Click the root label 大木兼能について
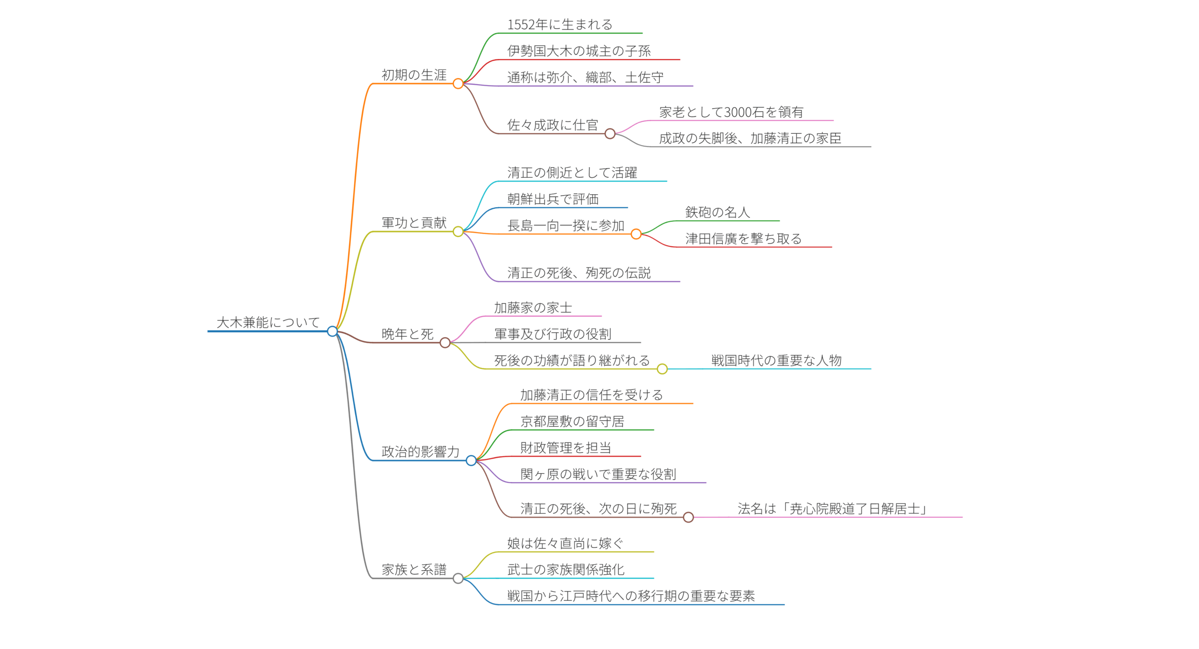[x=268, y=322]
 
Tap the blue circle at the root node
[x=332, y=331]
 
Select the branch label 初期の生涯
[x=414, y=75]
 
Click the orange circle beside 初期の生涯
[x=458, y=84]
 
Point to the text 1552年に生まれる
[x=560, y=24]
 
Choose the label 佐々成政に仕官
[x=553, y=125]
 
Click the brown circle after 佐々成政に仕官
[x=610, y=134]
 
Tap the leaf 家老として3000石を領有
[x=731, y=112]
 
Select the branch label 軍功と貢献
[x=414, y=223]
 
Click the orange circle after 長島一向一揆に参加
[x=636, y=234]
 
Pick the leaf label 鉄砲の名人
[x=718, y=212]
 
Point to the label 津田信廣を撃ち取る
[x=743, y=239]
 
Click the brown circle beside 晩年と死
[x=445, y=343]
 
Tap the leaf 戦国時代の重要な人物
[x=777, y=360]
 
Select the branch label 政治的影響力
[x=420, y=452]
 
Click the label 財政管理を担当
[x=566, y=448]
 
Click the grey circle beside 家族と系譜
[x=458, y=578]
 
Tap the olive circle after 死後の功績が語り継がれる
[x=662, y=369]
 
